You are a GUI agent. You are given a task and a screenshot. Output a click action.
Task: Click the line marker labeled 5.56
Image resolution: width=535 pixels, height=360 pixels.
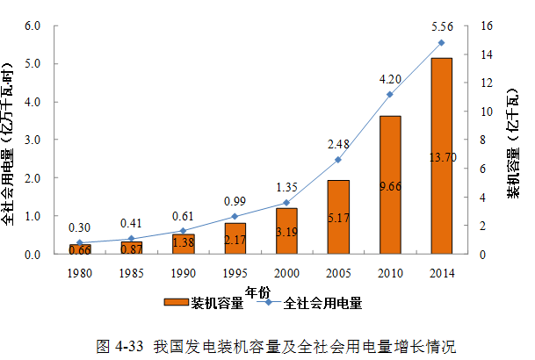[x=441, y=42]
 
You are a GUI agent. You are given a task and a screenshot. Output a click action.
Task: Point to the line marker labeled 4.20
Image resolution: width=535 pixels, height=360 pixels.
[x=389, y=94]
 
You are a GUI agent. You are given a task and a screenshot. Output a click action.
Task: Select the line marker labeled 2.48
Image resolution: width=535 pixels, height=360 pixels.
[x=338, y=160]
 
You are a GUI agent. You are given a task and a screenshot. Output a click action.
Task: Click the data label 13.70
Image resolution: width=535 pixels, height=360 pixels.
[x=441, y=157]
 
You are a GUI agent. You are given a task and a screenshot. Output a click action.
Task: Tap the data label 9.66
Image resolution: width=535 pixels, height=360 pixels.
[x=389, y=185]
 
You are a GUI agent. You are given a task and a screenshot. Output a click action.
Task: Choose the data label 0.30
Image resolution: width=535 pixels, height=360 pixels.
[x=80, y=227]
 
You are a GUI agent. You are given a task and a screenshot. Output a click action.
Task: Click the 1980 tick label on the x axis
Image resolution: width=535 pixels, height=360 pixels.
[x=80, y=272]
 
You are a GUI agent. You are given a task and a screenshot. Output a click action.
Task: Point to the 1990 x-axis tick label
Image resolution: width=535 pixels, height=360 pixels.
[x=183, y=272]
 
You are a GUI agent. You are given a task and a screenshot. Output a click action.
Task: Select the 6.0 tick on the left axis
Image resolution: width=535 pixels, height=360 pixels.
[x=33, y=25]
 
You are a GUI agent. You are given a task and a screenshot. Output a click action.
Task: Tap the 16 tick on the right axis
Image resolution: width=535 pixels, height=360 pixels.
[x=485, y=25]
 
